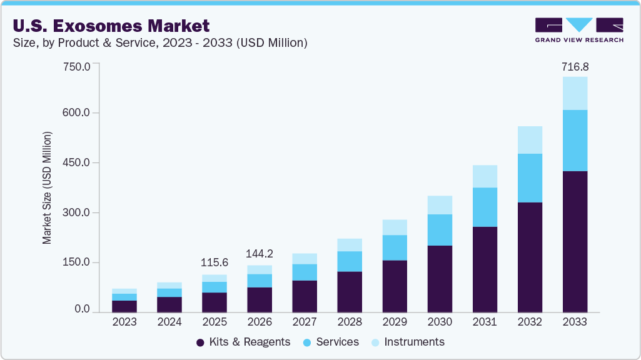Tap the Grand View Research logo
tap(579, 30)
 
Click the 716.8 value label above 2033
tap(575, 66)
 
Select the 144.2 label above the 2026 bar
tap(260, 254)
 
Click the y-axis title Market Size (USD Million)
tap(48, 188)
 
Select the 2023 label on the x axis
tap(124, 322)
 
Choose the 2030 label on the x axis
tap(440, 322)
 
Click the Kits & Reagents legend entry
tap(243, 342)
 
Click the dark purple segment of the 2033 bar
tap(575, 241)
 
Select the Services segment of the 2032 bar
tap(530, 177)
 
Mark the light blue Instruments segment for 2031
tap(485, 176)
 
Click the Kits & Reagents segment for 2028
tap(350, 291)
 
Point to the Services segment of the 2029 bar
tap(395, 247)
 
